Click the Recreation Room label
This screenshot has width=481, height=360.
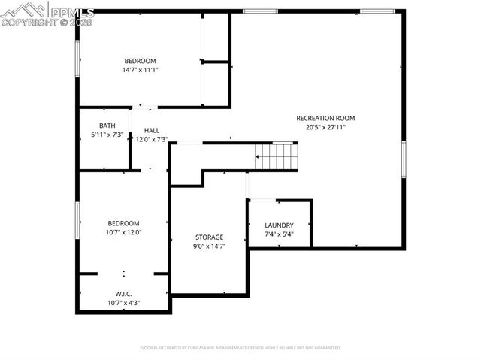pyautogui.click(x=325, y=118)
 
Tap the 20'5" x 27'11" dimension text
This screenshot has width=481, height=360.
pyautogui.click(x=325, y=127)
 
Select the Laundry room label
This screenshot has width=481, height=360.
pyautogui.click(x=279, y=225)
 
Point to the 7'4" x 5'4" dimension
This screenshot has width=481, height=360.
pyautogui.click(x=279, y=234)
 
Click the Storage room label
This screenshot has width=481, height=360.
pyautogui.click(x=210, y=237)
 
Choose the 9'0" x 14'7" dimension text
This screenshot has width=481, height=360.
pyautogui.click(x=210, y=246)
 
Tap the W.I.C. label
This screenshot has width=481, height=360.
pyautogui.click(x=124, y=294)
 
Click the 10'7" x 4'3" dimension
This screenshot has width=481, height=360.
pyautogui.click(x=124, y=303)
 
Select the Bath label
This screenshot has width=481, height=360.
pyautogui.click(x=107, y=126)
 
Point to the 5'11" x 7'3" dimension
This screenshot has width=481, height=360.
pyautogui.click(x=107, y=135)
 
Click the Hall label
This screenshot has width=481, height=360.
pyautogui.click(x=151, y=130)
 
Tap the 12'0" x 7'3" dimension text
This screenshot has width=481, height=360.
pyautogui.click(x=151, y=139)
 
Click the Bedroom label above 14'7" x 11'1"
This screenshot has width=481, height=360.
pyautogui.click(x=140, y=61)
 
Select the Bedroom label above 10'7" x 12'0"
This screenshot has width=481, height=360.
pyautogui.click(x=123, y=223)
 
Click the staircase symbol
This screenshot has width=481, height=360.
pyautogui.click(x=279, y=156)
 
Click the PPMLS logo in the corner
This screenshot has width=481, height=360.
pyautogui.click(x=47, y=14)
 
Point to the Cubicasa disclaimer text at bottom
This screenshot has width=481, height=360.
pyautogui.click(x=240, y=348)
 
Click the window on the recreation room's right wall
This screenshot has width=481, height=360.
pyautogui.click(x=404, y=159)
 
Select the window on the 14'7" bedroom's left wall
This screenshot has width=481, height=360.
pyautogui.click(x=77, y=57)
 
